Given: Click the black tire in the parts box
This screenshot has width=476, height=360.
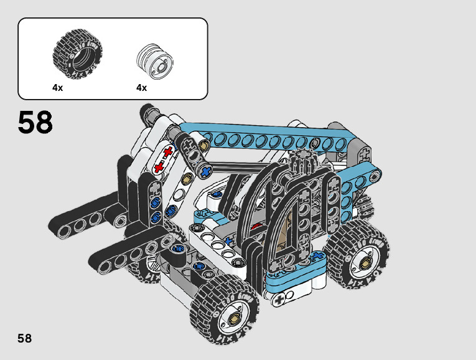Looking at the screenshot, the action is point(77,54).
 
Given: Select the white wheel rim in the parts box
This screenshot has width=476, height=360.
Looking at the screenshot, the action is point(156,62).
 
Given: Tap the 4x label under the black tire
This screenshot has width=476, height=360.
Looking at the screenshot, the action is point(57,88).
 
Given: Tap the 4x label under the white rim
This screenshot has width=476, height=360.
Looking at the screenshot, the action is point(141,88).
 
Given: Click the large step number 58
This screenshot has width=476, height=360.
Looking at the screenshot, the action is point(35,122).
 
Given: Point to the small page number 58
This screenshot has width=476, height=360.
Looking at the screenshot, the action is point(25,338).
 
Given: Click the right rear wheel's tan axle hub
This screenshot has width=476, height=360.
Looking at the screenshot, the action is point(365,263).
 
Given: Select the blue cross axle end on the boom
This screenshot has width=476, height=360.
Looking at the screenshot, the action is point(206,171).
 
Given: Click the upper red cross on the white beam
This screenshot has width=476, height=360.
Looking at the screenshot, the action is point(168,152).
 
